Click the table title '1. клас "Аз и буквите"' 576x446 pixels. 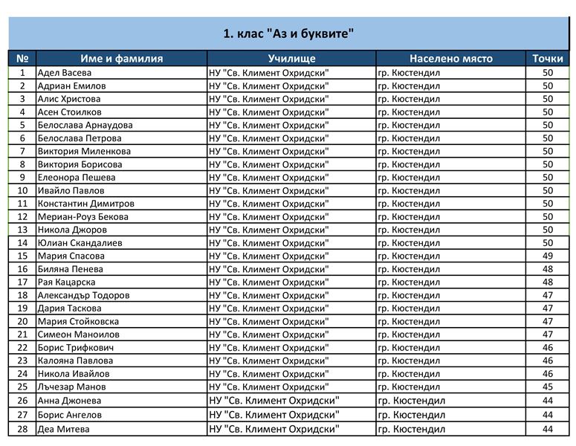point(288,33)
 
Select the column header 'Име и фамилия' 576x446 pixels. point(121,59)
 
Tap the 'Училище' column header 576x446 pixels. point(291,59)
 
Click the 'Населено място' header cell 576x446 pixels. point(450,59)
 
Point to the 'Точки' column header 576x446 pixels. point(548,59)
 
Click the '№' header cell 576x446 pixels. point(22,59)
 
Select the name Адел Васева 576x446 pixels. point(65,73)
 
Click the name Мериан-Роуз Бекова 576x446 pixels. point(83,217)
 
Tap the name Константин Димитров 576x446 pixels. point(86,204)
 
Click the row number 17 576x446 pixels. point(22,282)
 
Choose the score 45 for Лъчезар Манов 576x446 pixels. point(548,387)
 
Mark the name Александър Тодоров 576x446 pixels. point(84,296)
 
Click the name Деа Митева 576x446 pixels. point(64,430)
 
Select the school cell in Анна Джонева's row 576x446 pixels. point(274,401)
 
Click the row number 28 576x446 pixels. point(22,430)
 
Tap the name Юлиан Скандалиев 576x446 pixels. point(80,243)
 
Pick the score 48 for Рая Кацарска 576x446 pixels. point(548,282)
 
